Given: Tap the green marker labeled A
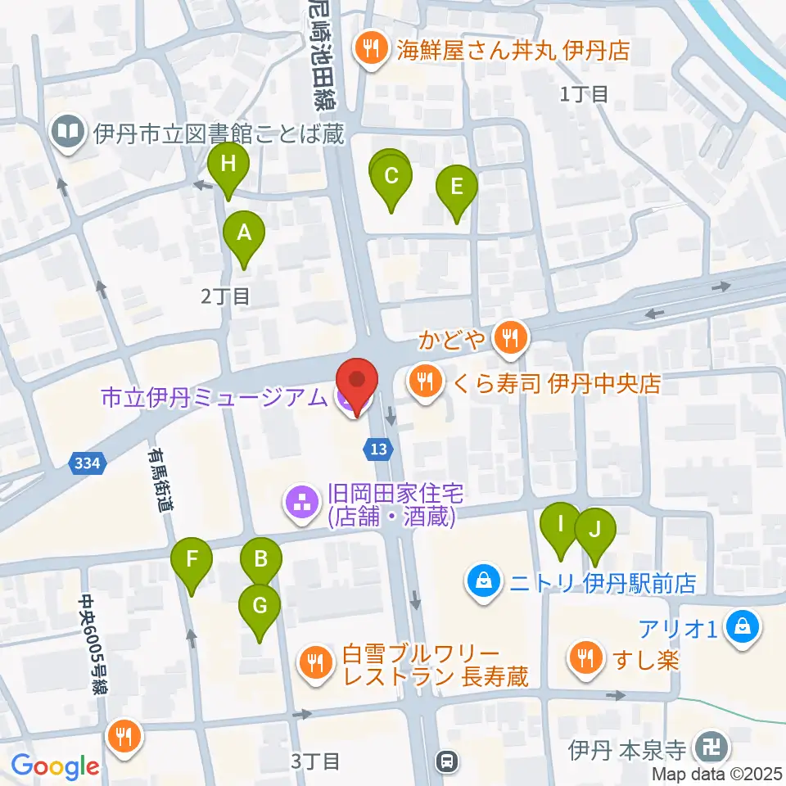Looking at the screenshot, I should pos(244,233).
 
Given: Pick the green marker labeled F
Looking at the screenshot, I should pos(192,561).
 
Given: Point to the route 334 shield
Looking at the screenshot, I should pos(87,463).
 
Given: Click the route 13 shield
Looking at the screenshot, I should pos(377,448).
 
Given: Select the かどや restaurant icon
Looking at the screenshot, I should pos(511,336).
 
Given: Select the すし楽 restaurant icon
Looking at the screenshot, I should pos(585,657).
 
